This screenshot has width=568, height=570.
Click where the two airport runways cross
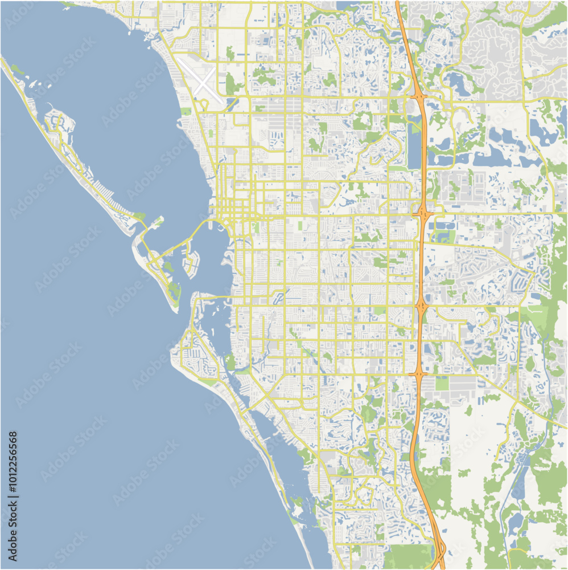pos(203,82)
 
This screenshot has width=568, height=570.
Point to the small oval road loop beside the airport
pos(203,104)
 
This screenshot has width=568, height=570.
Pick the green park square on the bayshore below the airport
pos(186,112)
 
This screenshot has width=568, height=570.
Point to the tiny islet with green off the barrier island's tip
pos(158,219)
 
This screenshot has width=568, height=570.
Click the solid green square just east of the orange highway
pos(442,383)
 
